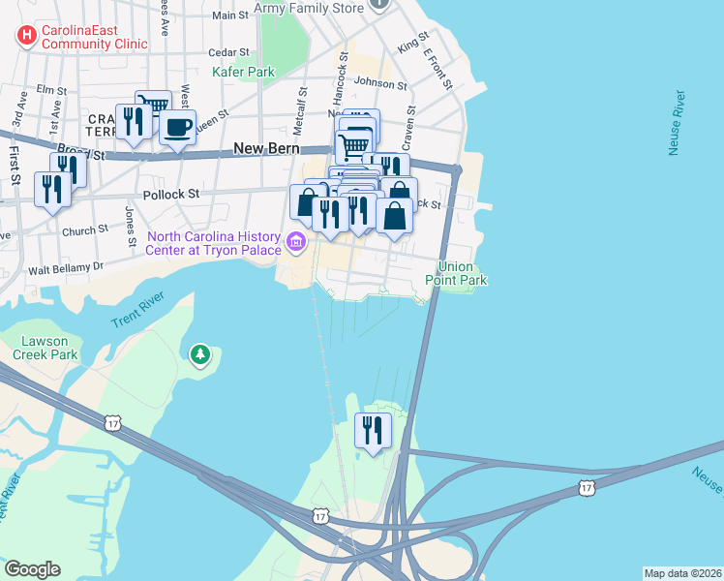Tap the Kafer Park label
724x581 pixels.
coord(244,72)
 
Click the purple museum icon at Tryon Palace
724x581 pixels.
coord(296,241)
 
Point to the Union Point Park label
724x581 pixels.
coord(462,273)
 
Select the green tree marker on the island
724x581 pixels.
coord(200,355)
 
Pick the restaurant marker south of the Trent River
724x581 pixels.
coord(373,431)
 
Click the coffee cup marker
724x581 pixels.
coord(176,128)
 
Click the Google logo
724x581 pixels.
coord(32,568)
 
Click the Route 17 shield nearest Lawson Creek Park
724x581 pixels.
coord(113,422)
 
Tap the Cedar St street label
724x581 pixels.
coord(230,51)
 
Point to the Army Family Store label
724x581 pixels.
coord(309,9)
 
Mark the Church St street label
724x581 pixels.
coord(85,231)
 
